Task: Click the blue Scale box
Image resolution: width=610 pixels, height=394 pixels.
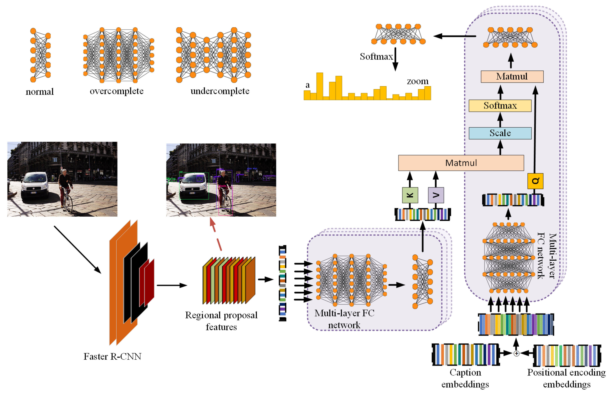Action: [500, 133]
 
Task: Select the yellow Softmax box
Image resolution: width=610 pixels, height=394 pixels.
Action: [500, 105]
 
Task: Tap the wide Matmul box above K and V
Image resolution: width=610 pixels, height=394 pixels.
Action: [461, 163]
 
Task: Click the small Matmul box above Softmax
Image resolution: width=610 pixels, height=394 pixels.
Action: [512, 77]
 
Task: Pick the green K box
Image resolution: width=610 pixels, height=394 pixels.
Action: [410, 195]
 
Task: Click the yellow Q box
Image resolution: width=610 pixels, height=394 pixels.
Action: [535, 181]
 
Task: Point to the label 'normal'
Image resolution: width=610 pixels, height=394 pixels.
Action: [40, 92]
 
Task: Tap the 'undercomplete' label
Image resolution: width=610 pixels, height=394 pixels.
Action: [220, 91]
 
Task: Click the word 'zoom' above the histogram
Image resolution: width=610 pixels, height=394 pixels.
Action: [417, 81]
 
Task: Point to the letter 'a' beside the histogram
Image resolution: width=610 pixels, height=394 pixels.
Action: [307, 85]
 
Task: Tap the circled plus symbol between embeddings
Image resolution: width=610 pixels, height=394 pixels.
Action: [516, 353]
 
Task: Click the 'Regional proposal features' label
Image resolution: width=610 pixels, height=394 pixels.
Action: [221, 321]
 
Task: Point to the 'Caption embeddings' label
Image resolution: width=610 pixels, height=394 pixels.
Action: [465, 378]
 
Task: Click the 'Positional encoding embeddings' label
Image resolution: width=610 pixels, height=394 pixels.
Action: [566, 378]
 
